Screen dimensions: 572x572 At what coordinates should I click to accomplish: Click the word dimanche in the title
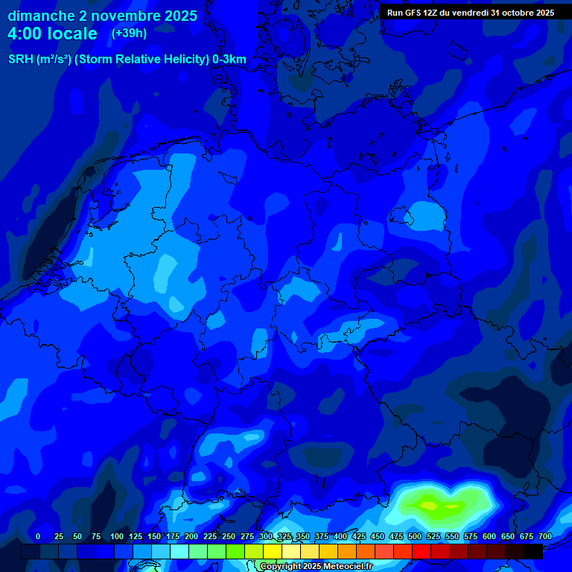pyautogui.click(x=41, y=16)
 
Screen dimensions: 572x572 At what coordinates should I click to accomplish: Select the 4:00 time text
pyautogui.click(x=28, y=34)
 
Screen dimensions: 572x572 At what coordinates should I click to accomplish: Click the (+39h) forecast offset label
pyautogui.click(x=129, y=33)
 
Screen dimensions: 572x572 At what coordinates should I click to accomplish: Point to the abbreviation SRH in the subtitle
pyautogui.click(x=20, y=60)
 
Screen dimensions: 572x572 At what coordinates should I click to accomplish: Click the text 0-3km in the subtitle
pyautogui.click(x=229, y=60)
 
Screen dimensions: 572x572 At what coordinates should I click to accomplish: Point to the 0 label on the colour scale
pyautogui.click(x=38, y=536)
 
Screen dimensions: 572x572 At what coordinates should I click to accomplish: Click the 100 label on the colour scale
pyautogui.click(x=117, y=536)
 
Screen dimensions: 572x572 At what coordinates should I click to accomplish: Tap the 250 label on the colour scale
pyautogui.click(x=229, y=536)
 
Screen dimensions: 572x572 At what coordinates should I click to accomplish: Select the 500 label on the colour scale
pyautogui.click(x=415, y=536)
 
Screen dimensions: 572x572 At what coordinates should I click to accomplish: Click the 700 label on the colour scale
pyautogui.click(x=545, y=536)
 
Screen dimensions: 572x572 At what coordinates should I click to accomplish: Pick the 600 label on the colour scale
pyautogui.click(x=489, y=536)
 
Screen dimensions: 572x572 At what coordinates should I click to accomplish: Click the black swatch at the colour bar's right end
pyautogui.click(x=533, y=551)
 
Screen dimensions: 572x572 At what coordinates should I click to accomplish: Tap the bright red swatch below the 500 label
pyautogui.click(x=422, y=551)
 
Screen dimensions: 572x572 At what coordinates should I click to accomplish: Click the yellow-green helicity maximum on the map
pyautogui.click(x=430, y=506)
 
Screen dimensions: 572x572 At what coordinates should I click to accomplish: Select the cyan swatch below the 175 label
pyautogui.click(x=179, y=551)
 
